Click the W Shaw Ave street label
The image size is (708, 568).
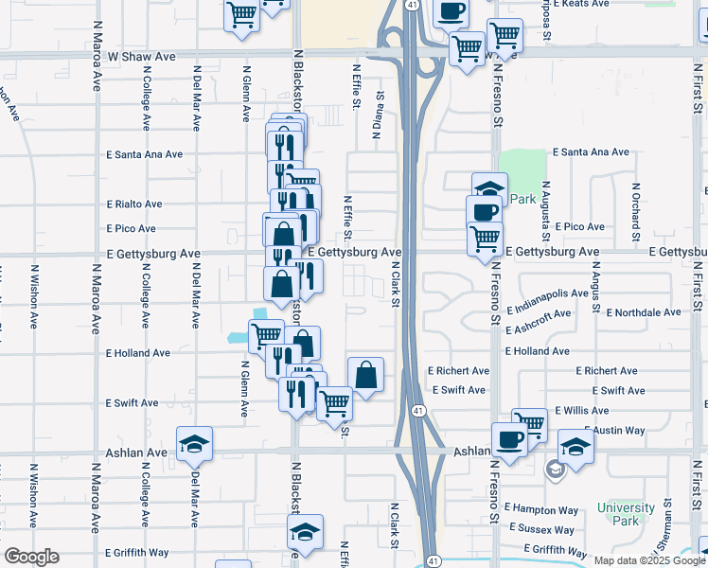[142, 57]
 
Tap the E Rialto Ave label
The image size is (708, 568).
[134, 204]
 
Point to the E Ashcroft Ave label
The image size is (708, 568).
[538, 321]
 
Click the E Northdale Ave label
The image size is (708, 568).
[644, 311]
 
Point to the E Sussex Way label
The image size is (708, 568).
[541, 528]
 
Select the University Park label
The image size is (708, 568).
[626, 514]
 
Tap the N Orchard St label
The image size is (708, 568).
[635, 203]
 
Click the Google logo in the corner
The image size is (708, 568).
[31, 557]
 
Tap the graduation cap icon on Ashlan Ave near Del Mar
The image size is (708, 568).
[195, 443]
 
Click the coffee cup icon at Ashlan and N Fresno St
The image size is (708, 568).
[509, 439]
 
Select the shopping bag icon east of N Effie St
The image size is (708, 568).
[366, 374]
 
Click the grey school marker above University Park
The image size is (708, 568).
[556, 467]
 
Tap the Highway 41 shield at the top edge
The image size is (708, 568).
[412, 5]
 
